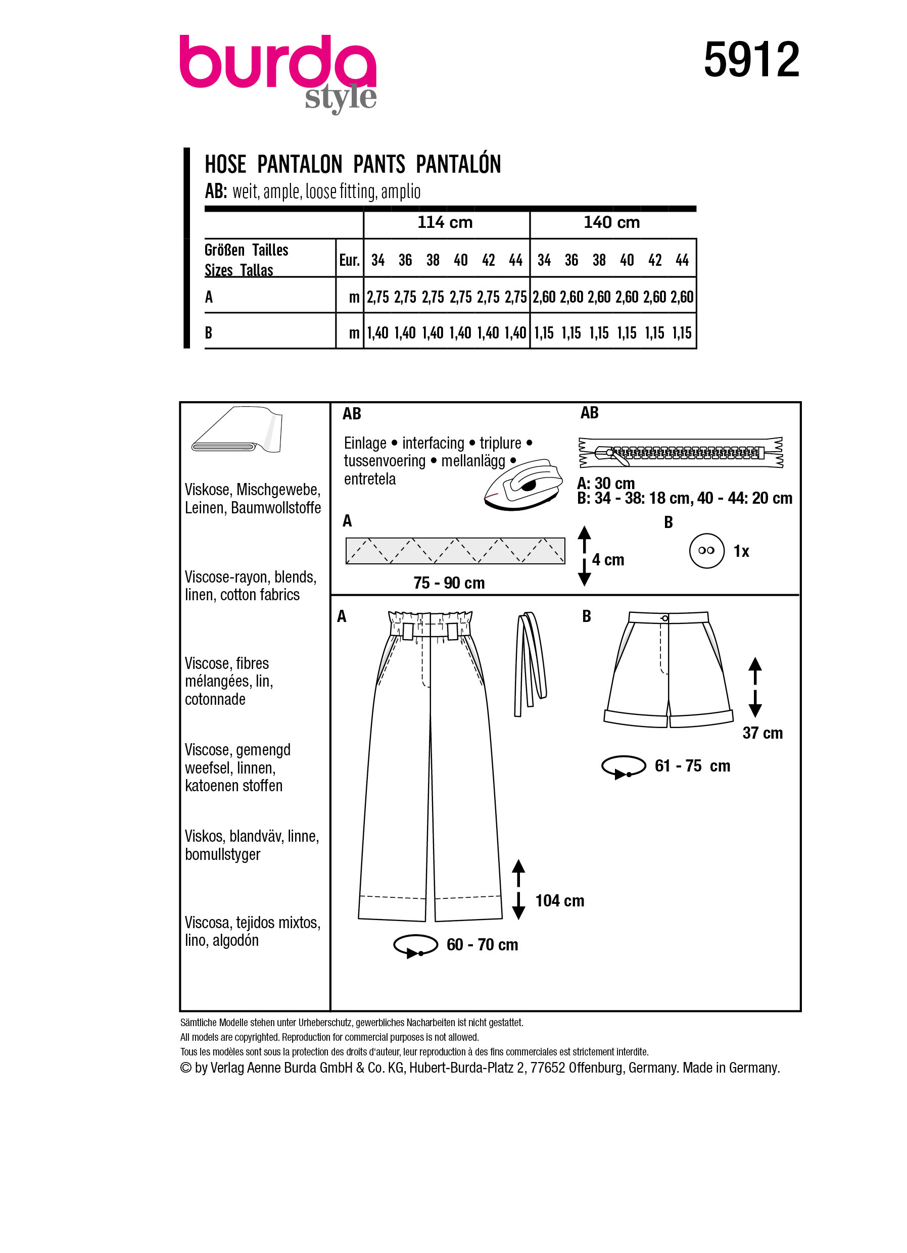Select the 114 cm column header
pos(445,223)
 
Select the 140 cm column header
pos(611,223)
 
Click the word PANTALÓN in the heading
pos(458,165)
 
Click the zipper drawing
pos(681,453)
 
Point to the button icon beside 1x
pos(706,550)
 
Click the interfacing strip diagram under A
pos(455,550)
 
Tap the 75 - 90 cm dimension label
pos(449,583)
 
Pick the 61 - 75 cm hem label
pos(692,766)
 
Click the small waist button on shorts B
pos(665,618)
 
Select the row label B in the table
pos(209,333)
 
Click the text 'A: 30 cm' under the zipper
pos(605,484)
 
